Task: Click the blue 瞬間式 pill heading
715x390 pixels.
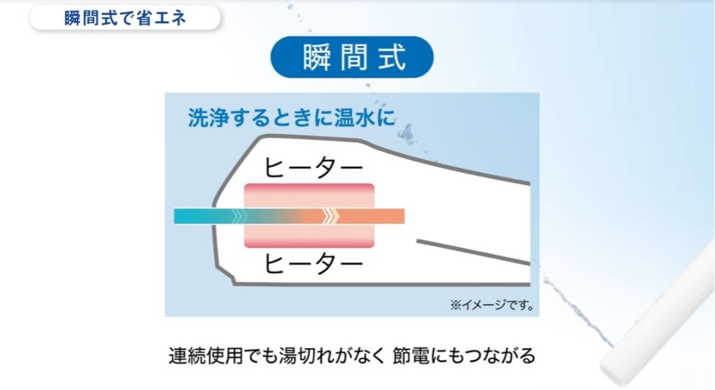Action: coord(352,57)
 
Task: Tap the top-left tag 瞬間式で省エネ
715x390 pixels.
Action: coord(125,17)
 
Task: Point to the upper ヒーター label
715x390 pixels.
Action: coord(314,168)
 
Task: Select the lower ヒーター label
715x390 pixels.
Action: coord(314,263)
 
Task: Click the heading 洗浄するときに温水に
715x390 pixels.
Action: coord(291,117)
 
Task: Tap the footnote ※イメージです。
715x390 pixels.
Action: coord(492,305)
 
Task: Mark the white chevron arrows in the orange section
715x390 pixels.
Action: coord(330,216)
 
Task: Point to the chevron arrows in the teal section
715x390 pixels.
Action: coord(240,216)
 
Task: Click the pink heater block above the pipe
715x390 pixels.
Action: coord(309,196)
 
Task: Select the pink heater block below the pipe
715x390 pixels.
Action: coord(309,236)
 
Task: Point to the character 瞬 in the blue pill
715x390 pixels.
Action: coord(317,57)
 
